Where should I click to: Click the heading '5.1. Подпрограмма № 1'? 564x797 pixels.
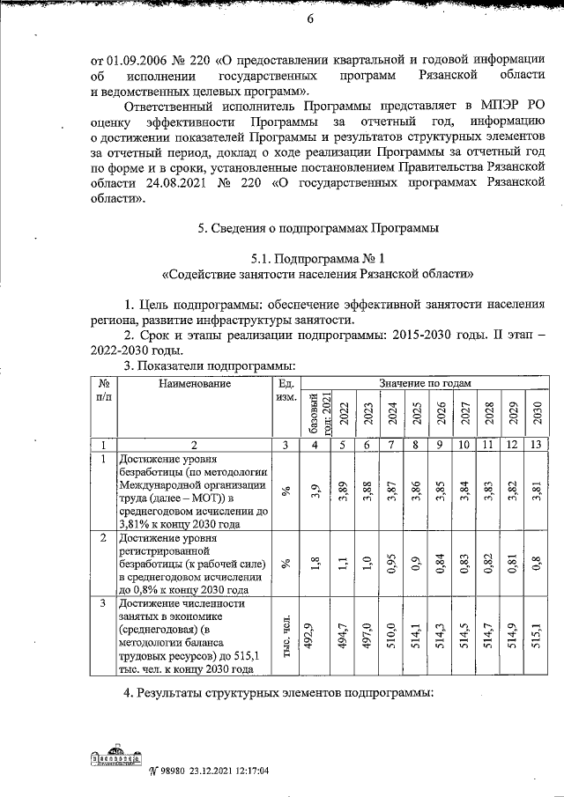318,259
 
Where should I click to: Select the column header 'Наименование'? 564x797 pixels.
195,384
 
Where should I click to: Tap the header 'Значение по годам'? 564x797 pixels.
426,384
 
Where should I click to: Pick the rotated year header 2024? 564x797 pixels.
391,413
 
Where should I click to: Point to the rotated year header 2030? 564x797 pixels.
537,413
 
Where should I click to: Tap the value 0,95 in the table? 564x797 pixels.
391,564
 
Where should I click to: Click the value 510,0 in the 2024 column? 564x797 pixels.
391,636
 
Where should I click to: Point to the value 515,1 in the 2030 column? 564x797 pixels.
537,636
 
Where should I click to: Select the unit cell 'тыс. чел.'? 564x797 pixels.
285,636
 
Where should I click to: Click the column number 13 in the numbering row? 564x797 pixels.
537,445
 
